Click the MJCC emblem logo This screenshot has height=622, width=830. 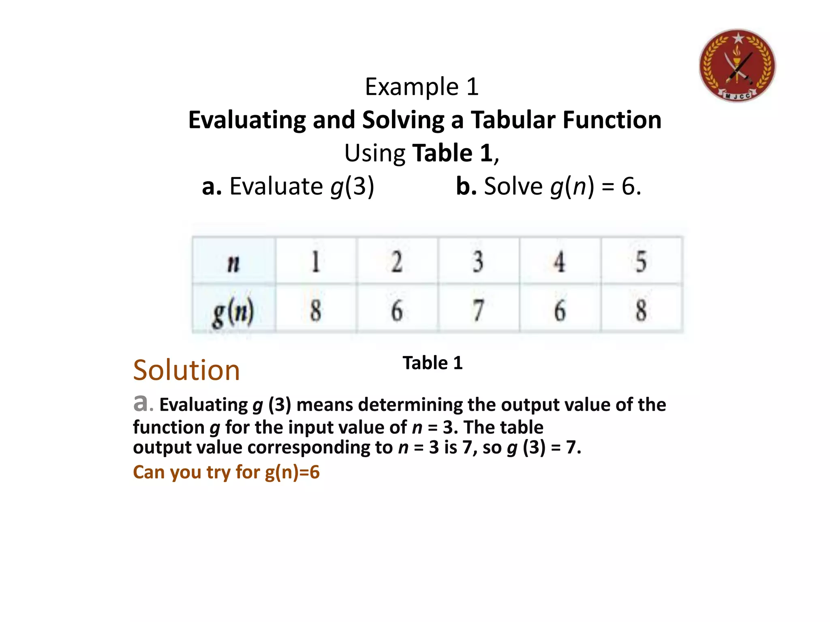737,65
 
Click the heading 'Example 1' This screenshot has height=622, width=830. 421,87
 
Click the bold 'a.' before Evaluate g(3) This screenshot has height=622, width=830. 212,187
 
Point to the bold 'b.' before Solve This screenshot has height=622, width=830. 466,187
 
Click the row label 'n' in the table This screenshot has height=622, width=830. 234,262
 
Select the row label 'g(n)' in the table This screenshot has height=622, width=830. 233,311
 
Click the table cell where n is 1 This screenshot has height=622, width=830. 316,262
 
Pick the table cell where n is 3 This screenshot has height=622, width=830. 478,262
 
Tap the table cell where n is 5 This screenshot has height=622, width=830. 641,262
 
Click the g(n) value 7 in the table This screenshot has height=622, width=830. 478,310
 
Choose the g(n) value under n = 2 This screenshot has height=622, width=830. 397,310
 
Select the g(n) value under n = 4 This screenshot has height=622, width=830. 560,310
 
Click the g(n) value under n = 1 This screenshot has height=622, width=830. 316,310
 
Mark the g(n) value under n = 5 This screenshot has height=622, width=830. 641,310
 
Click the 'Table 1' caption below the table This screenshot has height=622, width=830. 432,363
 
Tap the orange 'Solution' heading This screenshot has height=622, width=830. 186,370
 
